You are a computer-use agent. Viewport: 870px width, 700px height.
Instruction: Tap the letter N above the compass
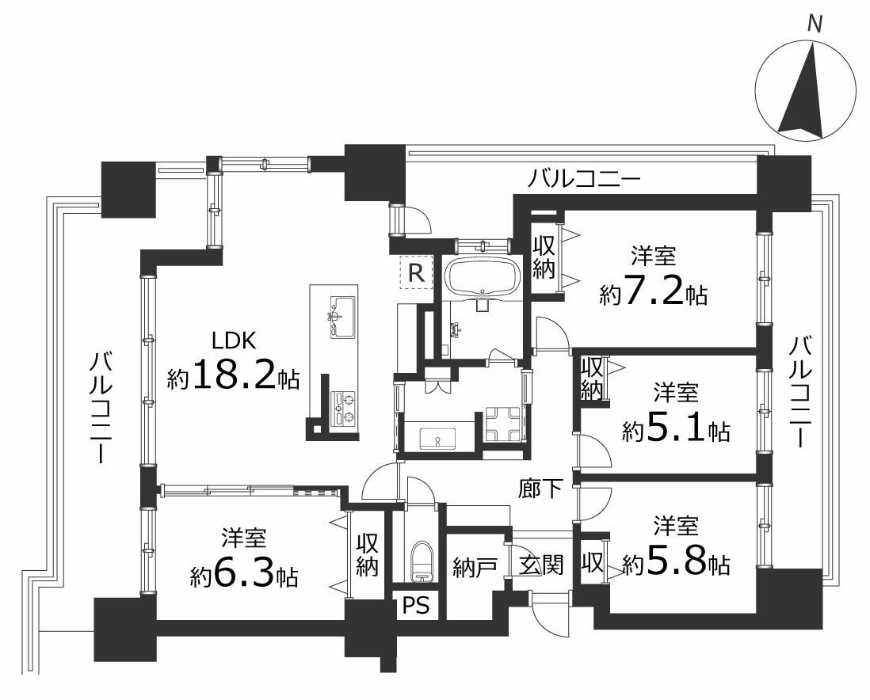coord(814,25)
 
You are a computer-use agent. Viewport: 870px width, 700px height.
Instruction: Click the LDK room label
coord(234,340)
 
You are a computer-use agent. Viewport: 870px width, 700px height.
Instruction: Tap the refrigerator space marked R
coord(416,273)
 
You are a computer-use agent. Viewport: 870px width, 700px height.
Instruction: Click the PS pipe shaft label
coord(415,605)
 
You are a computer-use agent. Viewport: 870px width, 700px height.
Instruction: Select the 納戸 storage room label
coord(471,566)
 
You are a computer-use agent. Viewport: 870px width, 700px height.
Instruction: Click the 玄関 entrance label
coord(542,565)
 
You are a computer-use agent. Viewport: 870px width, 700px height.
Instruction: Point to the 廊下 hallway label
coord(540,489)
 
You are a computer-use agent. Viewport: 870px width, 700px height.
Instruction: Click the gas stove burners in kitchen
coord(343,409)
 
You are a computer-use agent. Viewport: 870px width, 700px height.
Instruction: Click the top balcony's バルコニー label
coord(584,179)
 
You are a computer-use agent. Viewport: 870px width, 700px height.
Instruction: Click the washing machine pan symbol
coord(502,424)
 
